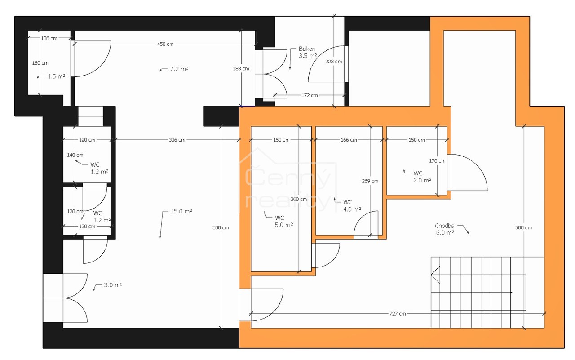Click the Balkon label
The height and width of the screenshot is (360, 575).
(x=307, y=49)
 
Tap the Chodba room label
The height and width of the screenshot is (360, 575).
(x=444, y=226)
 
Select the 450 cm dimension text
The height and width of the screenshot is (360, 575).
(x=165, y=44)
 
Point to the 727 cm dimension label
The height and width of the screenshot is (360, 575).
(x=398, y=314)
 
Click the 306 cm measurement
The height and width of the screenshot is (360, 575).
(x=177, y=140)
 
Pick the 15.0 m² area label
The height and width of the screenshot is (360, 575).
(x=182, y=211)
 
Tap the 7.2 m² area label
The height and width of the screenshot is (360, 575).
(x=179, y=69)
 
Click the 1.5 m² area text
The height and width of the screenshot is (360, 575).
(x=57, y=76)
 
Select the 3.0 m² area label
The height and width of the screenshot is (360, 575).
(x=113, y=285)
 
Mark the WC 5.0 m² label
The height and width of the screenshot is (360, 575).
(x=283, y=221)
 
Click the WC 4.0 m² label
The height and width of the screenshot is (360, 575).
(x=352, y=206)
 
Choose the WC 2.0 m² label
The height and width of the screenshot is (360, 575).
(x=422, y=177)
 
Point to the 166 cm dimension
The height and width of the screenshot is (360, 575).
(x=349, y=140)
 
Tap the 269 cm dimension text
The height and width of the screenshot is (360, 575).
(x=370, y=181)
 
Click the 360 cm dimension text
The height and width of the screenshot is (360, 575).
(x=299, y=199)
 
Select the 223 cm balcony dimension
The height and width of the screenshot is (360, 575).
(x=333, y=62)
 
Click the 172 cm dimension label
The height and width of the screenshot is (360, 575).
(x=310, y=95)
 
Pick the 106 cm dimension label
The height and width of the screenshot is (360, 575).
(x=49, y=38)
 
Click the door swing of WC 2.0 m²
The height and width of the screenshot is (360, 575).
(x=478, y=164)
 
